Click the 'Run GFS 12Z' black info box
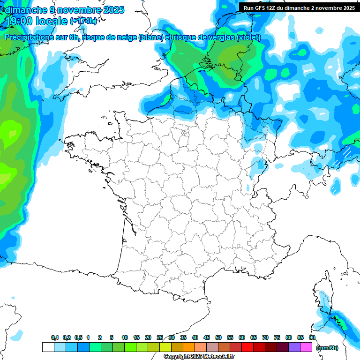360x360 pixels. (x=299, y=8)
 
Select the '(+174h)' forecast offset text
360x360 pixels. (x=83, y=21)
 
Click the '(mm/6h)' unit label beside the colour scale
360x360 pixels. (x=327, y=348)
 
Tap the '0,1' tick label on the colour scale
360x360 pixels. (x=54, y=338)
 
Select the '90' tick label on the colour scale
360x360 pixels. (x=312, y=338)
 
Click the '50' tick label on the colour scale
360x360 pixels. (x=218, y=338)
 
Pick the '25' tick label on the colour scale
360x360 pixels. (x=160, y=338)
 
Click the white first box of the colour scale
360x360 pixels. (x=48, y=347)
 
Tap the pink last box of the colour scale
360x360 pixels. (x=306, y=347)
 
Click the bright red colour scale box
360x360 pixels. (x=247, y=347)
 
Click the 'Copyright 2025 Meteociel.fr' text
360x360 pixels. (x=199, y=357)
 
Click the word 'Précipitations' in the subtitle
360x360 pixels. (x=30, y=37)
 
